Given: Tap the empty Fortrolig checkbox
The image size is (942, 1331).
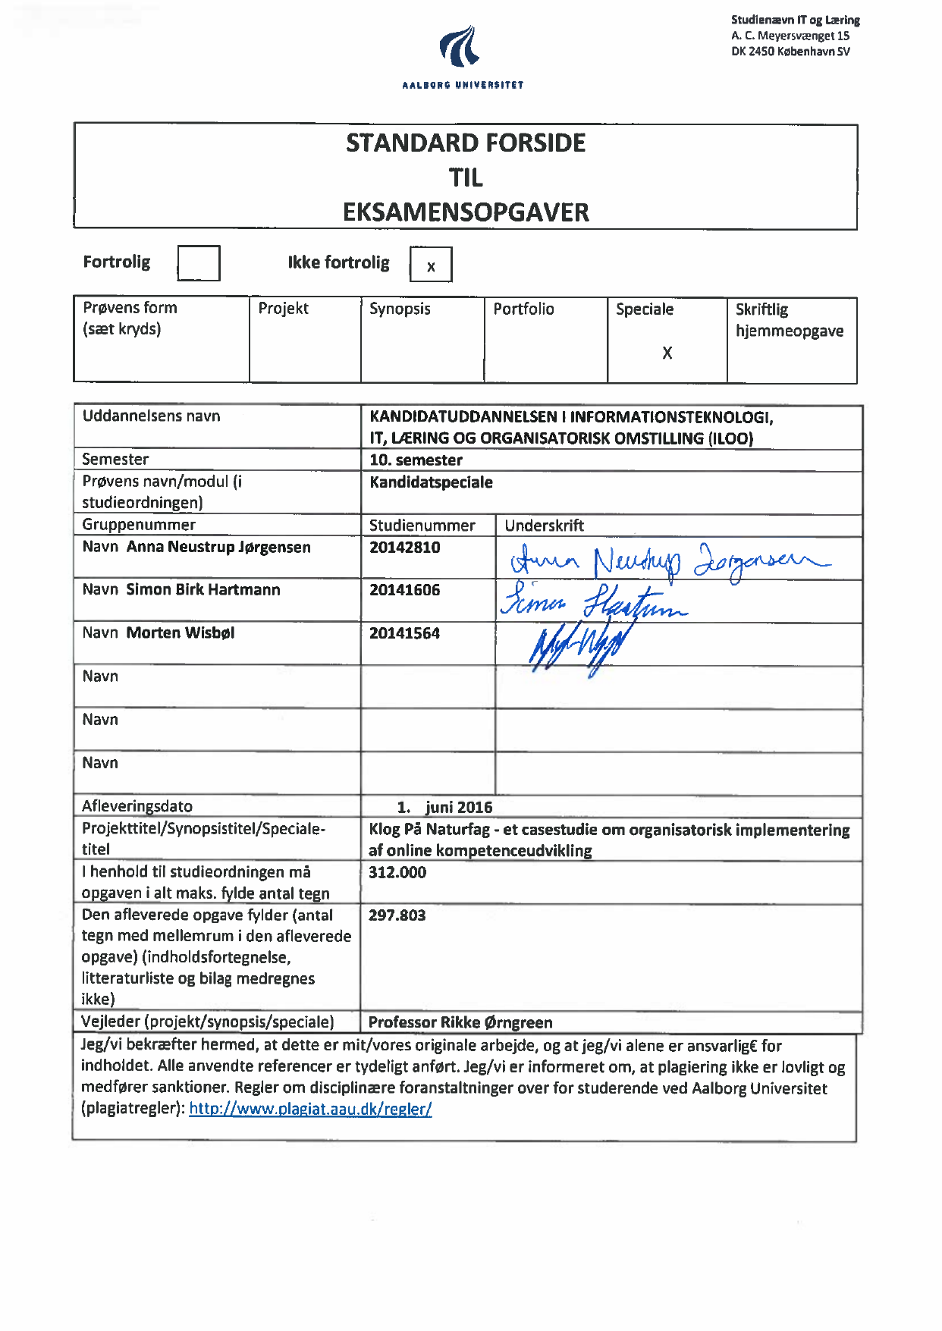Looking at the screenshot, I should (x=199, y=263).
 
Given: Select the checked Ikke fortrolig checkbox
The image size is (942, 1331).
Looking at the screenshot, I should (x=431, y=265).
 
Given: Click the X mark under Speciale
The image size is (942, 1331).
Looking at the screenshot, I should (x=667, y=353).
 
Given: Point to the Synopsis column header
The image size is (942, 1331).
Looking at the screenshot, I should (x=400, y=309).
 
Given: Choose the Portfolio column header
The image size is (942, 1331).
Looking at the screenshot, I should (x=523, y=309).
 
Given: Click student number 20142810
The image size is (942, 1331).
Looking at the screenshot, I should (x=404, y=548).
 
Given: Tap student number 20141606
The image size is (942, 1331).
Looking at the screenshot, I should (x=404, y=590).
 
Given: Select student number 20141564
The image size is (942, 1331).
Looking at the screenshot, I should (x=404, y=633).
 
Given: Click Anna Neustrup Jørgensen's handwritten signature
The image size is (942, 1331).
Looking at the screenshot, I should (x=667, y=562).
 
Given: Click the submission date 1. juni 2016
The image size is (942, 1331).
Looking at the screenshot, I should (x=445, y=807).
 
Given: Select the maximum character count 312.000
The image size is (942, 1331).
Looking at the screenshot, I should (x=397, y=872).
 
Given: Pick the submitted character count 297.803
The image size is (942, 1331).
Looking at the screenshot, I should (x=397, y=915).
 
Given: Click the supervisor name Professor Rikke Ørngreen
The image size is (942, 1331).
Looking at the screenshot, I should (x=460, y=1022).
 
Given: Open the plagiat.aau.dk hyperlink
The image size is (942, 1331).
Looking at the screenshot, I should (x=310, y=1109).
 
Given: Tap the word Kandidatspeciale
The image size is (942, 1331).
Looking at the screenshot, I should (x=431, y=482).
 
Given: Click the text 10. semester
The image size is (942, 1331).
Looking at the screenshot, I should (x=416, y=460).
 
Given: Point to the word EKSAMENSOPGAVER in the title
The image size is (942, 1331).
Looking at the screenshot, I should (x=466, y=212).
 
